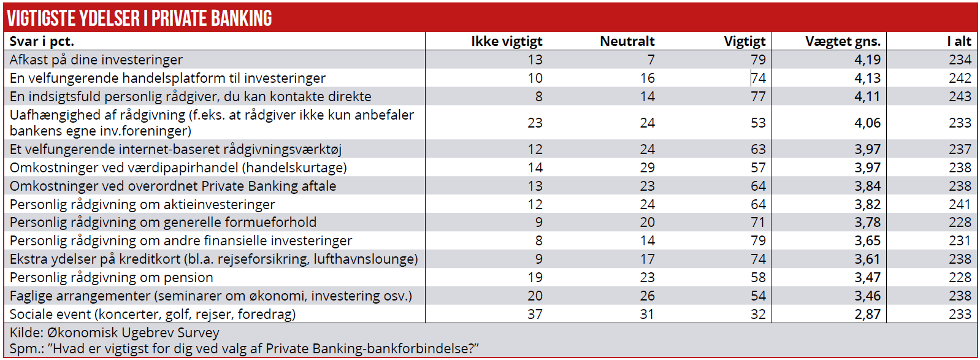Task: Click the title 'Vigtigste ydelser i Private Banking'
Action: click(x=140, y=18)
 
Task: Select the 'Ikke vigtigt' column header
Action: click(x=507, y=41)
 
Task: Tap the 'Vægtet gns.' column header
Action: click(x=843, y=41)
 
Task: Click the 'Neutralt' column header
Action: click(x=627, y=41)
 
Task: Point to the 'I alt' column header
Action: click(x=959, y=41)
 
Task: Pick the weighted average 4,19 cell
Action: click(x=867, y=59)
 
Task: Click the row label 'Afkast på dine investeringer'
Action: click(x=96, y=59)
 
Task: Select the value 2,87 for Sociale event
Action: click(x=867, y=314)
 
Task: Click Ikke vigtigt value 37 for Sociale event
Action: click(x=535, y=314)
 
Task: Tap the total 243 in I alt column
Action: click(x=960, y=96)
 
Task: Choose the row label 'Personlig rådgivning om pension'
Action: click(x=112, y=277)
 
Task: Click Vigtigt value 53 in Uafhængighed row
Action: click(x=758, y=123)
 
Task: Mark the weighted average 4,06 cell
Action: click(x=867, y=123)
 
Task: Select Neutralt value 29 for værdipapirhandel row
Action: click(x=647, y=167)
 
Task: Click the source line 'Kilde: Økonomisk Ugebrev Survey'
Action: click(x=115, y=332)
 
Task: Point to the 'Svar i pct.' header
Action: click(x=42, y=41)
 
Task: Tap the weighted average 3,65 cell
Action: click(x=867, y=240)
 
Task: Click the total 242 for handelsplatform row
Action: click(x=960, y=78)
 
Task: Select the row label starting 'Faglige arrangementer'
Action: click(x=210, y=296)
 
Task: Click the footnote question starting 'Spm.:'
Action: click(x=244, y=348)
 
